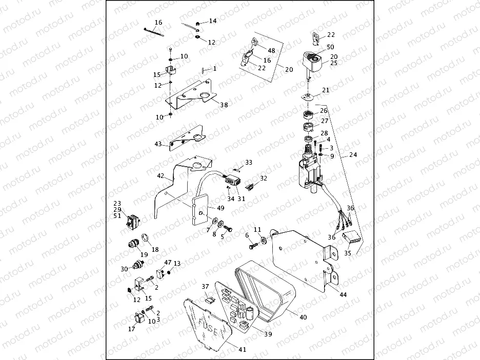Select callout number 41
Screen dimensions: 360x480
click(x=242, y=350)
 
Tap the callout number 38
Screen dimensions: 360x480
click(x=224, y=105)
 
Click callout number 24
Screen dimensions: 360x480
click(x=353, y=155)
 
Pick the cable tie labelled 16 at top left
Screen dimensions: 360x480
click(x=154, y=32)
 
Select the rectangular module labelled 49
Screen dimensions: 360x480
click(x=201, y=211)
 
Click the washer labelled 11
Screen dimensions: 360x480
click(x=263, y=239)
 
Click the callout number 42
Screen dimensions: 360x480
click(x=161, y=175)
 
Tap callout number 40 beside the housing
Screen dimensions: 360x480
click(x=303, y=317)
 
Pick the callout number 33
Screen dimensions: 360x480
click(x=249, y=162)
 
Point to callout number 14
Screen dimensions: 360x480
click(x=212, y=21)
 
